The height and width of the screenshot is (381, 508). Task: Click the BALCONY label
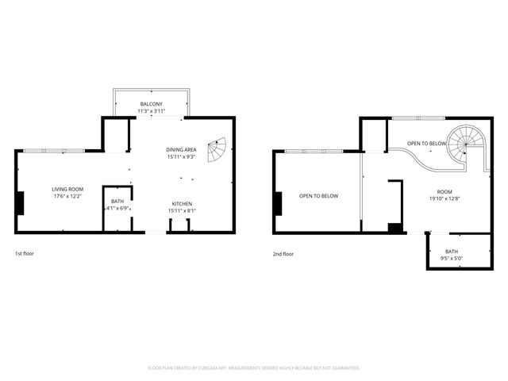pos(152,104)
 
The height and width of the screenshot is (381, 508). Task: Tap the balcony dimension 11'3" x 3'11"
pos(152,111)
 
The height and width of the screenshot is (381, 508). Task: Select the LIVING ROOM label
pos(67,189)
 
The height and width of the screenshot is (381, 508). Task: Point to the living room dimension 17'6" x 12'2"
pos(67,196)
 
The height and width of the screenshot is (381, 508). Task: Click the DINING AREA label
pos(181,150)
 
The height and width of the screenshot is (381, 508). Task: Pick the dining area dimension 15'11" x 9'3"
pos(181,157)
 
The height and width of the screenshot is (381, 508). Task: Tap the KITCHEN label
pos(183,204)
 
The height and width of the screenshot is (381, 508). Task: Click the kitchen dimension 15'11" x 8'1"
pos(183,211)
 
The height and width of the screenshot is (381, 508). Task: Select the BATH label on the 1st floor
pos(117,201)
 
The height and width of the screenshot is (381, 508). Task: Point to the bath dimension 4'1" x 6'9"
pos(117,208)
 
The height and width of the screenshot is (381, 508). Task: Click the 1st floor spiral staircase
pos(217,149)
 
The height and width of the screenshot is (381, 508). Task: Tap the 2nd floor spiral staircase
pos(464,146)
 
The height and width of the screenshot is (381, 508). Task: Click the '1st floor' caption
pos(24,253)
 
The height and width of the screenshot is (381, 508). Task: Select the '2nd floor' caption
pos(283,254)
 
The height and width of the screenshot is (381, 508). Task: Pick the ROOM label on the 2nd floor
pos(444,193)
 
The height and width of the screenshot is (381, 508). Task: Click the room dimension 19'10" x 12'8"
pos(444,200)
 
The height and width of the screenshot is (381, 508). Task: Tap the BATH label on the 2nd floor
pos(451,251)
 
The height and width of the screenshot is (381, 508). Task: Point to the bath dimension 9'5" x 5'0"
pos(451,258)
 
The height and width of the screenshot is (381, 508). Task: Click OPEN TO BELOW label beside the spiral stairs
pos(426,144)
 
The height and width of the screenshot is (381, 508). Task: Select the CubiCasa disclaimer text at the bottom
pos(254,368)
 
